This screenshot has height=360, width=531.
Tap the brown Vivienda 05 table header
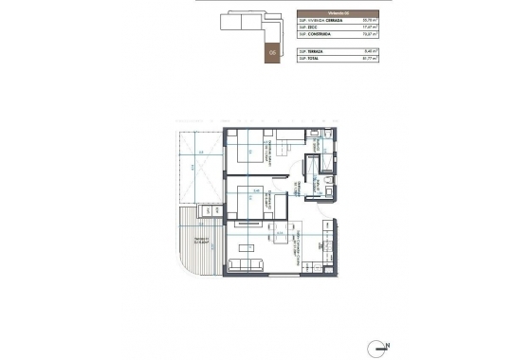(x=338, y=10)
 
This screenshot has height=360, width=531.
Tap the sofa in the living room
(x=248, y=261)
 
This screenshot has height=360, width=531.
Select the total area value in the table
(x=371, y=58)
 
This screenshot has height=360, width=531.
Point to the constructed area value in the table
(x=371, y=34)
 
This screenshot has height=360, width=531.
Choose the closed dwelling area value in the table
(x=371, y=19)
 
